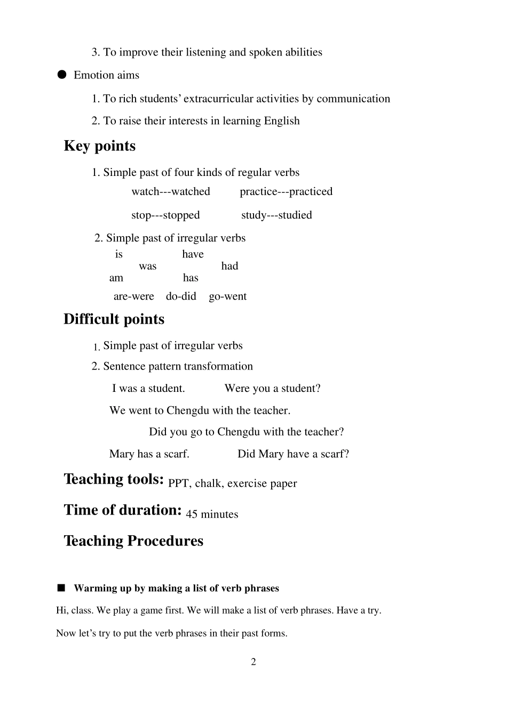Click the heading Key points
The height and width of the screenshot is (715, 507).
coord(100,146)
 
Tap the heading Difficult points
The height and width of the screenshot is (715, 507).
coord(114,319)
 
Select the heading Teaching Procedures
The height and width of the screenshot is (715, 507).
coord(133,541)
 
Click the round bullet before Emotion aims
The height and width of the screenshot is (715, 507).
coord(62,75)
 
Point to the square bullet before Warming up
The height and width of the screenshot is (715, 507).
coord(61,588)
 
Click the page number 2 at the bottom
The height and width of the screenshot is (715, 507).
coord(253,662)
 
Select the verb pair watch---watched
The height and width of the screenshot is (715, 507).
coord(171,192)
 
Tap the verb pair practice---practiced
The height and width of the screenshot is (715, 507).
coord(286,192)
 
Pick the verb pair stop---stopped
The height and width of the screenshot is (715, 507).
coord(165,215)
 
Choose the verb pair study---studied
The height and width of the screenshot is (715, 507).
coord(276,215)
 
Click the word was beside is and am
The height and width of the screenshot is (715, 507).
coord(148,267)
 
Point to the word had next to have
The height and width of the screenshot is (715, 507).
coord(229,267)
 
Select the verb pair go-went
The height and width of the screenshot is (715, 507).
coord(228,296)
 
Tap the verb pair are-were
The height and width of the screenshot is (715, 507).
coord(133,296)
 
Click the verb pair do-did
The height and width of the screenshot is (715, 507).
coord(181,296)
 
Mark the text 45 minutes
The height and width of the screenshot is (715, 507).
coord(212,515)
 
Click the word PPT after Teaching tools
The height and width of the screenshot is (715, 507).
coord(178,484)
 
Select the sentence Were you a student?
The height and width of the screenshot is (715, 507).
coord(273,389)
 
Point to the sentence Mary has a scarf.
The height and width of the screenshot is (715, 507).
coord(149,454)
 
